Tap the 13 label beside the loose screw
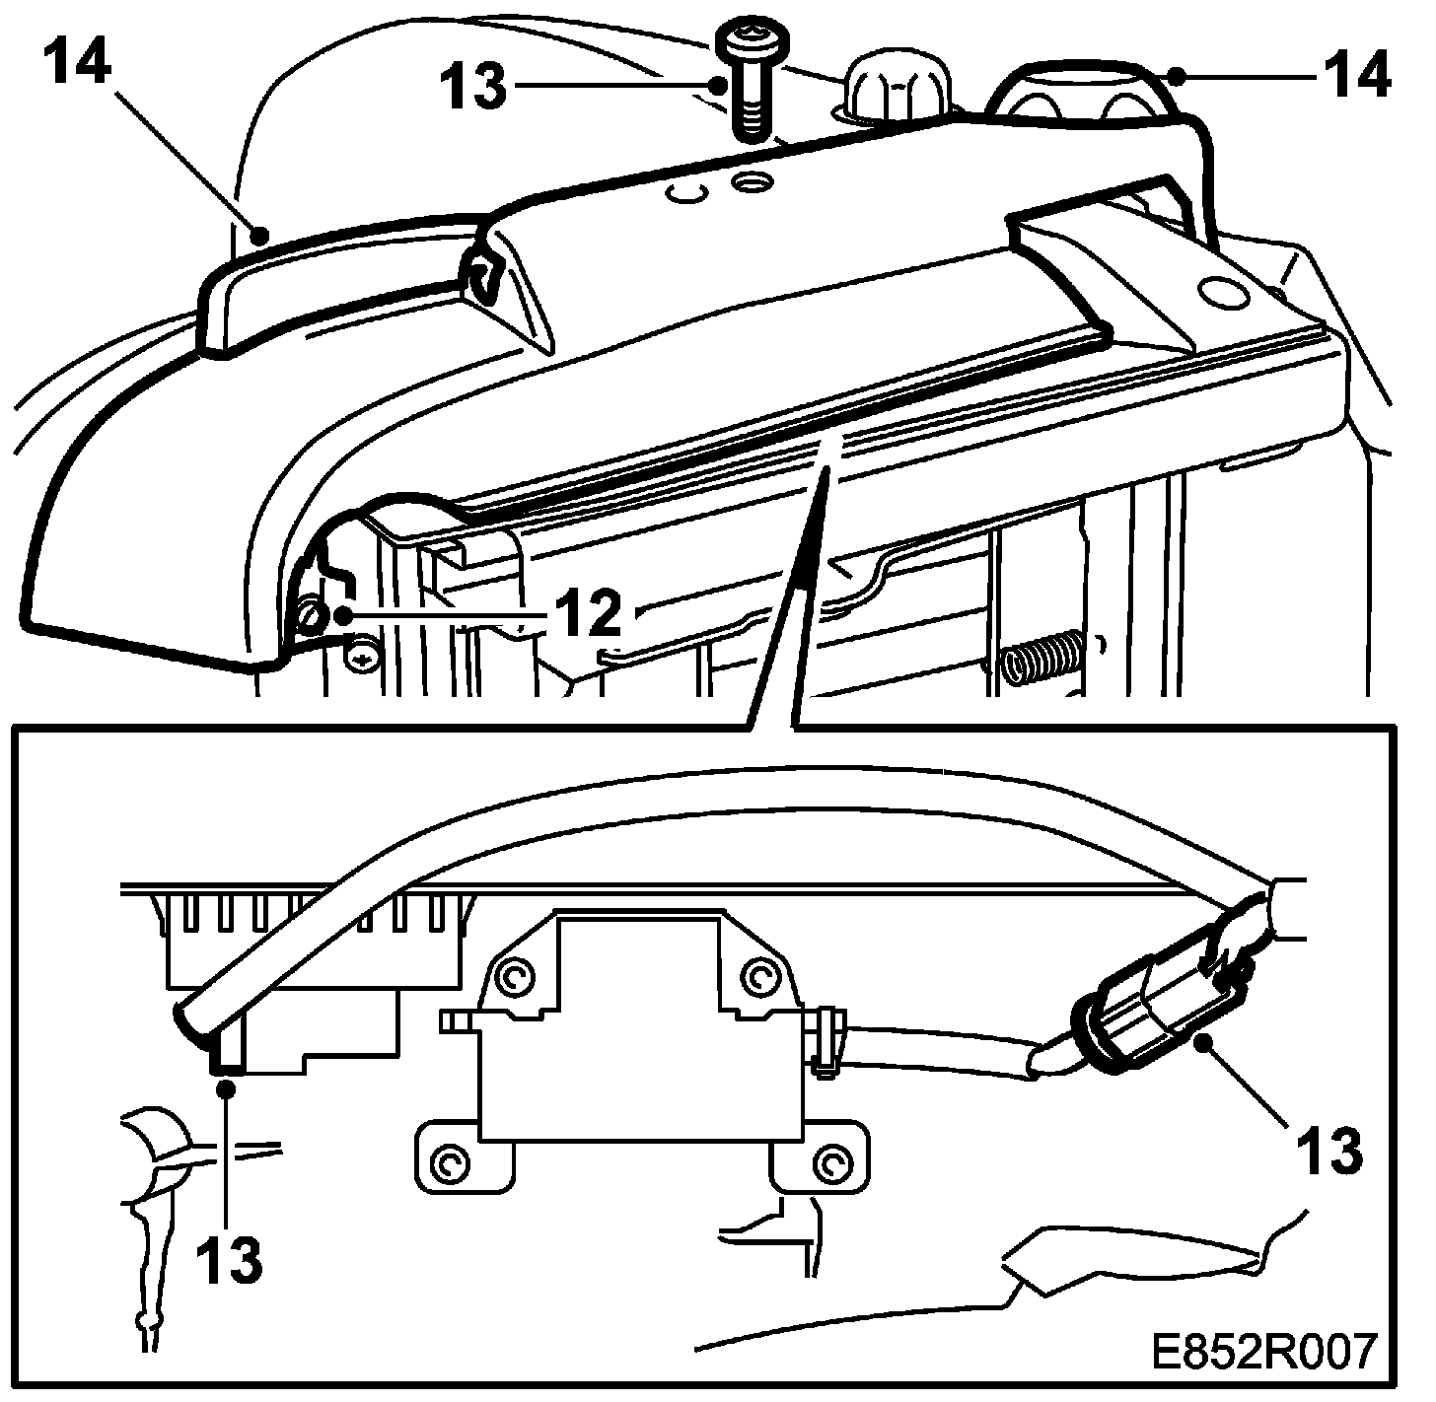tap(472, 87)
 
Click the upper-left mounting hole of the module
tap(518, 978)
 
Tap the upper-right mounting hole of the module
tap(758, 978)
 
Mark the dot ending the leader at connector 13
tap(1202, 1042)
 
